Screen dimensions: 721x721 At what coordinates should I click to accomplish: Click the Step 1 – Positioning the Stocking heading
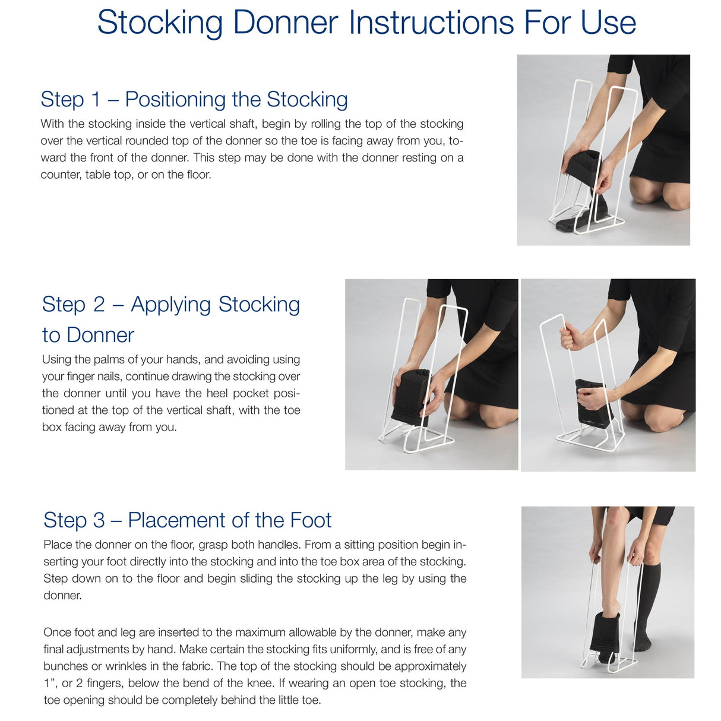[194, 99]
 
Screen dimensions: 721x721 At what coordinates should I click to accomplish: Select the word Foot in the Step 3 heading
[311, 520]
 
